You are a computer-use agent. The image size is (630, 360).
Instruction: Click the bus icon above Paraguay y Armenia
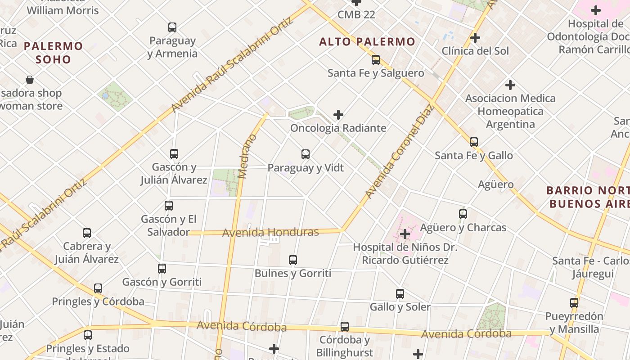pyautogui.click(x=172, y=27)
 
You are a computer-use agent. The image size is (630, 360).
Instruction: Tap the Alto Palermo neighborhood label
pyautogui.click(x=367, y=42)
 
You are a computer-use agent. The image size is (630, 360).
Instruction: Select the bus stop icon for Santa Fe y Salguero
pyautogui.click(x=376, y=60)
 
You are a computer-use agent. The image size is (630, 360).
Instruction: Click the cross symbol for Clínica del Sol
pyautogui.click(x=475, y=38)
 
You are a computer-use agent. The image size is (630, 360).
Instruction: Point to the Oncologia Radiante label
pyautogui.click(x=338, y=128)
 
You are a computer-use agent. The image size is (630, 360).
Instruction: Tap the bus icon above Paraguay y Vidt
pyautogui.click(x=306, y=154)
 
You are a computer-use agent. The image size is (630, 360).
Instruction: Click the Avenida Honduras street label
pyautogui.click(x=270, y=233)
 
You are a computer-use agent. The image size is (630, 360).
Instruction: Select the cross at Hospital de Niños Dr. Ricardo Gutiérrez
pyautogui.click(x=405, y=234)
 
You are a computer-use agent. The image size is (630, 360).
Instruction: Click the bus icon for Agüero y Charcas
pyautogui.click(x=463, y=214)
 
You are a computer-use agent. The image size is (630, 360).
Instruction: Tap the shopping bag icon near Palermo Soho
pyautogui.click(x=30, y=80)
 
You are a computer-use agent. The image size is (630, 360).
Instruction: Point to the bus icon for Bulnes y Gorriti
pyautogui.click(x=293, y=260)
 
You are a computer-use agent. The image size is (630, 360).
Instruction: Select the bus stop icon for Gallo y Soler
pyautogui.click(x=400, y=294)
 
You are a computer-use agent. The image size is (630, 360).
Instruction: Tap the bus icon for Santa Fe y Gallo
pyautogui.click(x=474, y=142)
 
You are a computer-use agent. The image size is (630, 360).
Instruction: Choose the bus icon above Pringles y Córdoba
pyautogui.click(x=98, y=288)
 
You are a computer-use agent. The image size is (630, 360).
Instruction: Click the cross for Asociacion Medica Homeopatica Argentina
pyautogui.click(x=510, y=85)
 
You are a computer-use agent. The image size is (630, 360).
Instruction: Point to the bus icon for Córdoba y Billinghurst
pyautogui.click(x=345, y=327)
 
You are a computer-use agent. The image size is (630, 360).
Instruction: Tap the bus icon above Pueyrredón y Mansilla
pyautogui.click(x=574, y=303)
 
